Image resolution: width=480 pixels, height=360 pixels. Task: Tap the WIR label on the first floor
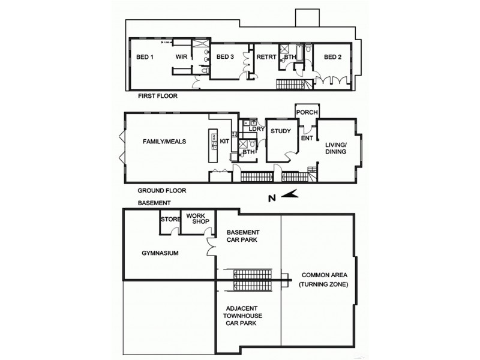click(x=181, y=57)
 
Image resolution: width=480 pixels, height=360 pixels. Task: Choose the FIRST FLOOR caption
click(x=158, y=96)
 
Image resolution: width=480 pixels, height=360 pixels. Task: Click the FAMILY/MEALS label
click(x=164, y=142)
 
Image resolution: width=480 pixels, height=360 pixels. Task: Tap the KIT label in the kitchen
click(x=224, y=142)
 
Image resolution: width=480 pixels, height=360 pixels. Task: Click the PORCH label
click(x=307, y=113)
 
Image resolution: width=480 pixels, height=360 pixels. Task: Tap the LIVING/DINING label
click(x=336, y=148)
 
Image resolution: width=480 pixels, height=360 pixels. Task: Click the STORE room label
click(x=170, y=220)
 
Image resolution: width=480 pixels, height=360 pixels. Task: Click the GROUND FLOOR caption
click(x=162, y=190)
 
